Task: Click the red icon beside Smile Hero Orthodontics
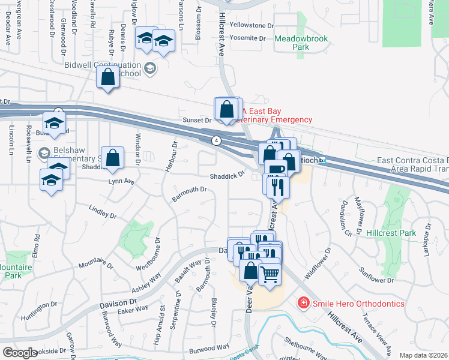pyautogui.click(x=304, y=304)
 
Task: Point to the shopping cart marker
pyautogui.click(x=270, y=274)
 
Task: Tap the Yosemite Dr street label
pyautogui.click(x=247, y=38)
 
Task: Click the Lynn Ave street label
pyautogui.click(x=121, y=181)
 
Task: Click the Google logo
pyautogui.click(x=20, y=353)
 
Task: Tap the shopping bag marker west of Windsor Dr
pyautogui.click(x=113, y=158)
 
